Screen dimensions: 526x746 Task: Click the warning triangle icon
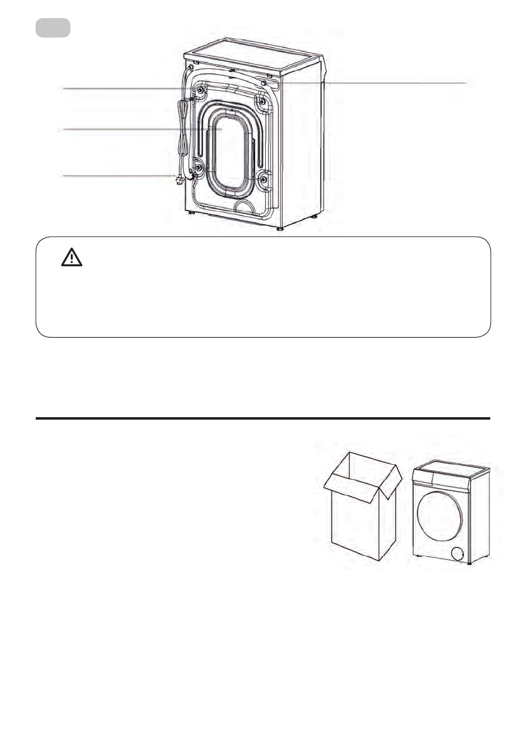pos(72,257)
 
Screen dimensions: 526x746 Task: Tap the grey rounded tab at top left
pos(53,28)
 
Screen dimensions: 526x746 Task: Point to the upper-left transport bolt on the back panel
pos(199,91)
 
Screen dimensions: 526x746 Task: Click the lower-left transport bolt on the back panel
pos(198,168)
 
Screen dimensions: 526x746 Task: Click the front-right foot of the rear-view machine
pos(280,229)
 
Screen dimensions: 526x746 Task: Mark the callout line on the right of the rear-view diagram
pos(376,83)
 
